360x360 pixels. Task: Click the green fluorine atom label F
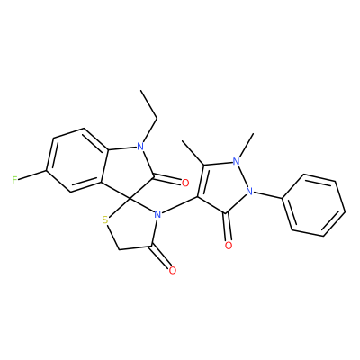(14, 180)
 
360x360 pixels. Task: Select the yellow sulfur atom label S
(104, 220)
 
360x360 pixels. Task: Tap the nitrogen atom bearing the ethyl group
(139, 147)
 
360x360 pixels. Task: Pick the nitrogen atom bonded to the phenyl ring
(249, 191)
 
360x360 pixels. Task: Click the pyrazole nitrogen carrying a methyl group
(237, 162)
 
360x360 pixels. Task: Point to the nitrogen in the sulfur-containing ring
(157, 215)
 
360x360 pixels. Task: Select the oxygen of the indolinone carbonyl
(185, 183)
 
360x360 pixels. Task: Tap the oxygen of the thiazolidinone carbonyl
(172, 270)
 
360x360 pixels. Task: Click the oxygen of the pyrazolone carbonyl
(229, 246)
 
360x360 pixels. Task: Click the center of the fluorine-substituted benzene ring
(77, 160)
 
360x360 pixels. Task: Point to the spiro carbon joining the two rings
(130, 199)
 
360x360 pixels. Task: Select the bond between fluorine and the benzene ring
(32, 175)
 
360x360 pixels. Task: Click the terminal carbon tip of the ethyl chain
(140, 90)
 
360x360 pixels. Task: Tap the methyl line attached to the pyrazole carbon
(193, 152)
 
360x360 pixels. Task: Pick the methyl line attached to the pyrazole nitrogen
(247, 146)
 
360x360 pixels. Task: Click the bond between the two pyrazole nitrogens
(243, 176)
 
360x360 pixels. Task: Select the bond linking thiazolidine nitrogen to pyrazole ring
(179, 205)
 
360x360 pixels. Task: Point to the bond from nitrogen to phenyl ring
(268, 194)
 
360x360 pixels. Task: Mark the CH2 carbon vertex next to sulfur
(120, 249)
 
